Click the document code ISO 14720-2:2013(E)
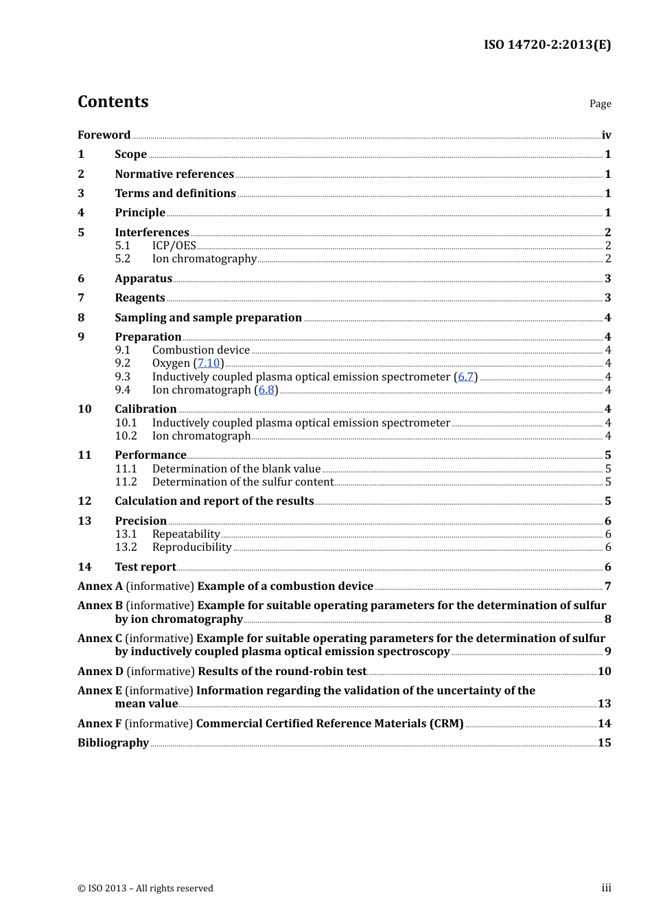click(x=547, y=45)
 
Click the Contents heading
click(x=113, y=102)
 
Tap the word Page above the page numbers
click(x=600, y=104)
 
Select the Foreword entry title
click(x=104, y=135)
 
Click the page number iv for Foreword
click(x=606, y=135)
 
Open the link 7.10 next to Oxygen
click(x=209, y=363)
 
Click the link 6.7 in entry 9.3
click(x=465, y=377)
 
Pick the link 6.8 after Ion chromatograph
click(x=266, y=390)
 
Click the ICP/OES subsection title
click(x=174, y=246)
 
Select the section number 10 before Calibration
click(x=84, y=409)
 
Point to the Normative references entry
click(x=174, y=174)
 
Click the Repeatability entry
click(x=186, y=534)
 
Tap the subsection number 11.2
click(x=126, y=482)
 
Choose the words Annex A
click(x=100, y=586)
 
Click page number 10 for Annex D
click(x=604, y=672)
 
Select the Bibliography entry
click(x=113, y=743)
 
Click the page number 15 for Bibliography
click(x=604, y=743)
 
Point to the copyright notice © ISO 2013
click(x=145, y=889)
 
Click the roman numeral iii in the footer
click(x=606, y=888)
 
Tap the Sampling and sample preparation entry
click(x=208, y=318)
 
